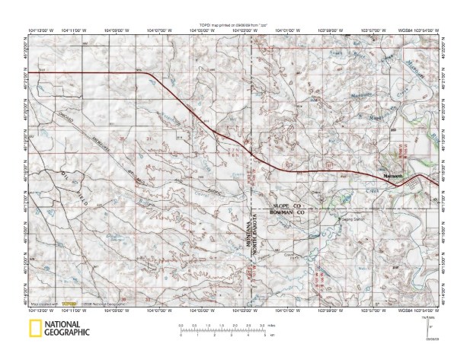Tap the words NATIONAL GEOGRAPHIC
pos(66,330)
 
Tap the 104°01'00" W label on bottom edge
pos(293,311)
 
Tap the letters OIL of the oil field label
pos(55,177)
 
